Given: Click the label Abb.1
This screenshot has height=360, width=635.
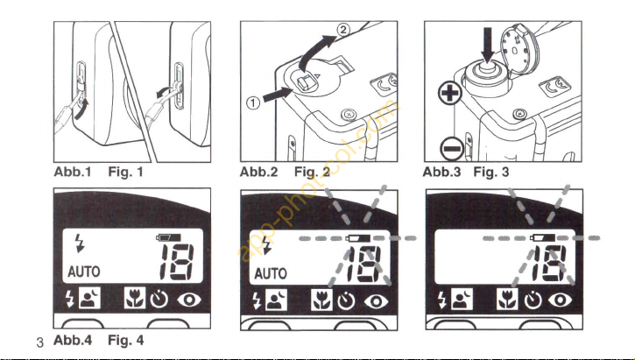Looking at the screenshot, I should coord(71,173).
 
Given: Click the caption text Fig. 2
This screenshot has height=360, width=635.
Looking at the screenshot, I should coord(311,173).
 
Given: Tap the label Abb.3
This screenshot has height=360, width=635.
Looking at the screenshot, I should coord(442,173).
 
